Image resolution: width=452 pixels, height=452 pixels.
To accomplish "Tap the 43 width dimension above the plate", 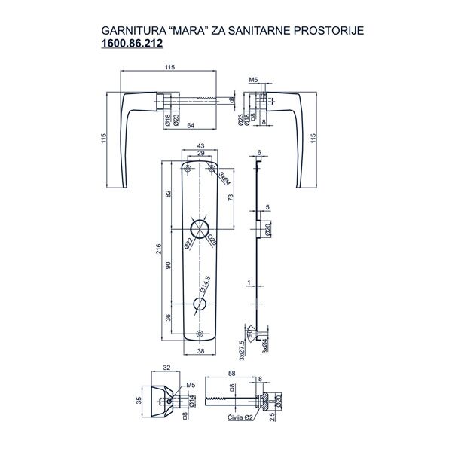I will coord(200,146).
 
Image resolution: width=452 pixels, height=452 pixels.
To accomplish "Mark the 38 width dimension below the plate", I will coord(200,351).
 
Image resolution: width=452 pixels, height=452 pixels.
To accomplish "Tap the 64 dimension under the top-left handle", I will coord(191,127).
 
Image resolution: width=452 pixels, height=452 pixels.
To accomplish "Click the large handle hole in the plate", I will coord(200,228).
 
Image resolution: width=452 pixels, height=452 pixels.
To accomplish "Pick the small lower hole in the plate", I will coord(200,303).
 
